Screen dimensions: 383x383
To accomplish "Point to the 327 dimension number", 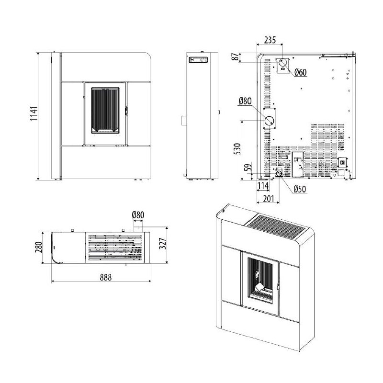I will tap(162, 245).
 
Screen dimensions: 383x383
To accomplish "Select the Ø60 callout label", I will tap(300, 72).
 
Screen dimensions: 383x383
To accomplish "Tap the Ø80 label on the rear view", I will tap(245, 101).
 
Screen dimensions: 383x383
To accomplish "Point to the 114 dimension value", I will tap(263, 185).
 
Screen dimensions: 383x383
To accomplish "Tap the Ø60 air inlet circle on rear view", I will tap(283, 64).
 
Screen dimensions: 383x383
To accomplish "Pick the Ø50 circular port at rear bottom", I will tap(278, 173).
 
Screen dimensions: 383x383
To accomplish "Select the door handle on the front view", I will tap(126, 110).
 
